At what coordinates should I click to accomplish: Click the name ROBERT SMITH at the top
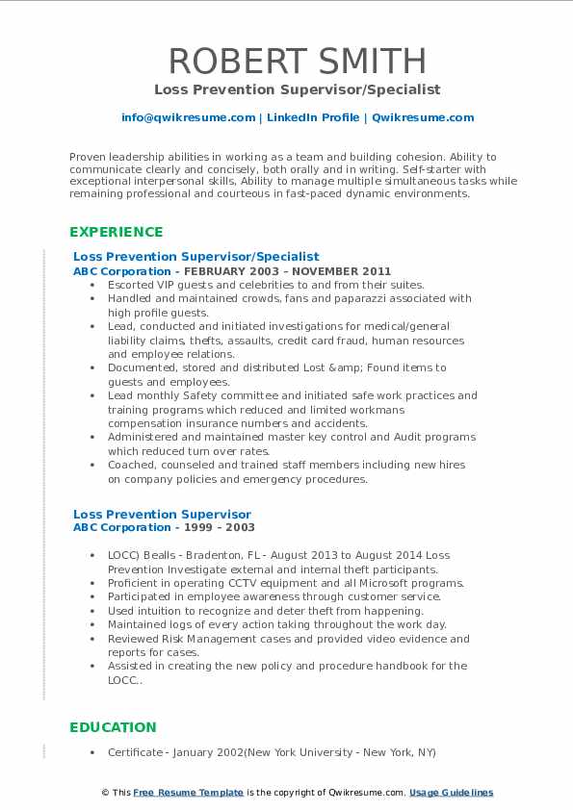298,61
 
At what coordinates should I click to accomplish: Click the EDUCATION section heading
113,727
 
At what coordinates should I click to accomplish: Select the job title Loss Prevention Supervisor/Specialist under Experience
195,257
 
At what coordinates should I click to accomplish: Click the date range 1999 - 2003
222,527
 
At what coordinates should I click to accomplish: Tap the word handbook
395,666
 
